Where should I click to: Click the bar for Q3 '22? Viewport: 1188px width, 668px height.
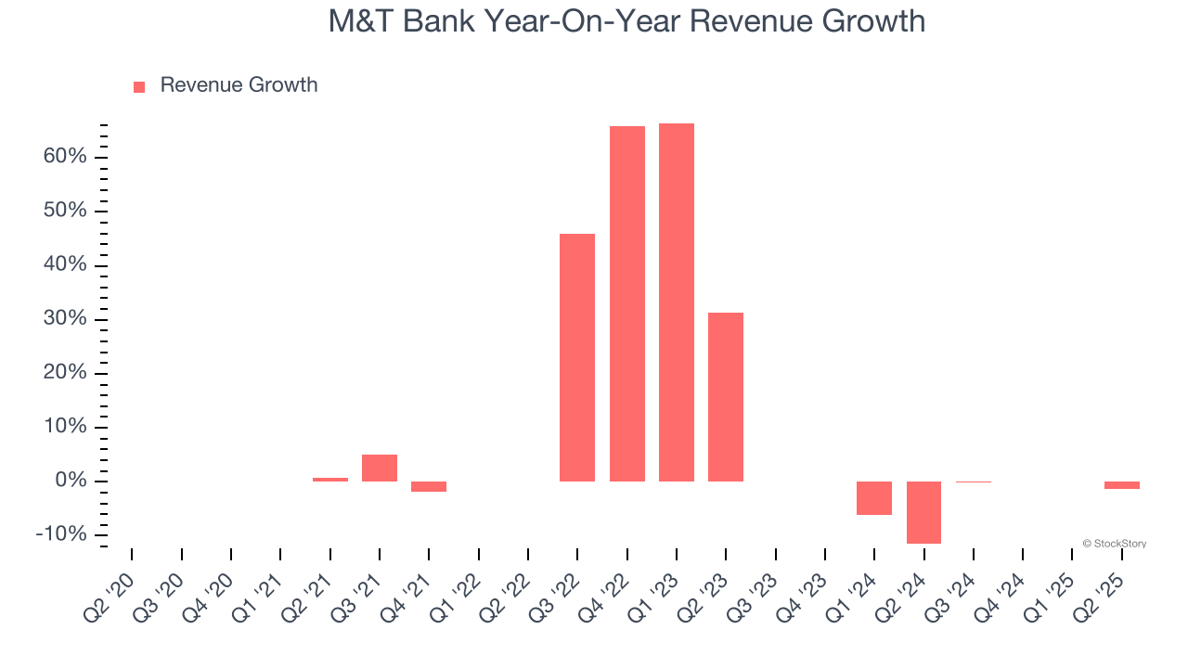[577, 357]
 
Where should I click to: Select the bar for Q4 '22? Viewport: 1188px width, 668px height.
[627, 303]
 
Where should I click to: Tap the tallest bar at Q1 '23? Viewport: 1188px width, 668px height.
[677, 302]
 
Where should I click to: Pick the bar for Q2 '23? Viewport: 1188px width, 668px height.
[726, 396]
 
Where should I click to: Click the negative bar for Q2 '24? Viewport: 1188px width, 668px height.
[923, 512]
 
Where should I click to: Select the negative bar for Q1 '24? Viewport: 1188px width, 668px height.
[874, 498]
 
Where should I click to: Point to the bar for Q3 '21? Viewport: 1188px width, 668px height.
[380, 468]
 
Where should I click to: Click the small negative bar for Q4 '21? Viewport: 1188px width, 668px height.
[429, 486]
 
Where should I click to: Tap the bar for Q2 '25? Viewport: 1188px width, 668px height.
[1122, 485]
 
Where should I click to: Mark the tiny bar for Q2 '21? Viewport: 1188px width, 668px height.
[330, 480]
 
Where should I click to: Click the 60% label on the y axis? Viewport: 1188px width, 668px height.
[65, 157]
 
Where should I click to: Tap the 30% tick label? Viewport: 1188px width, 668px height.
[65, 319]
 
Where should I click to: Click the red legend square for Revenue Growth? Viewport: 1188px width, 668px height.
[139, 86]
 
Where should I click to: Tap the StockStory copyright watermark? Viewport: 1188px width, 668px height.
[1114, 544]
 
